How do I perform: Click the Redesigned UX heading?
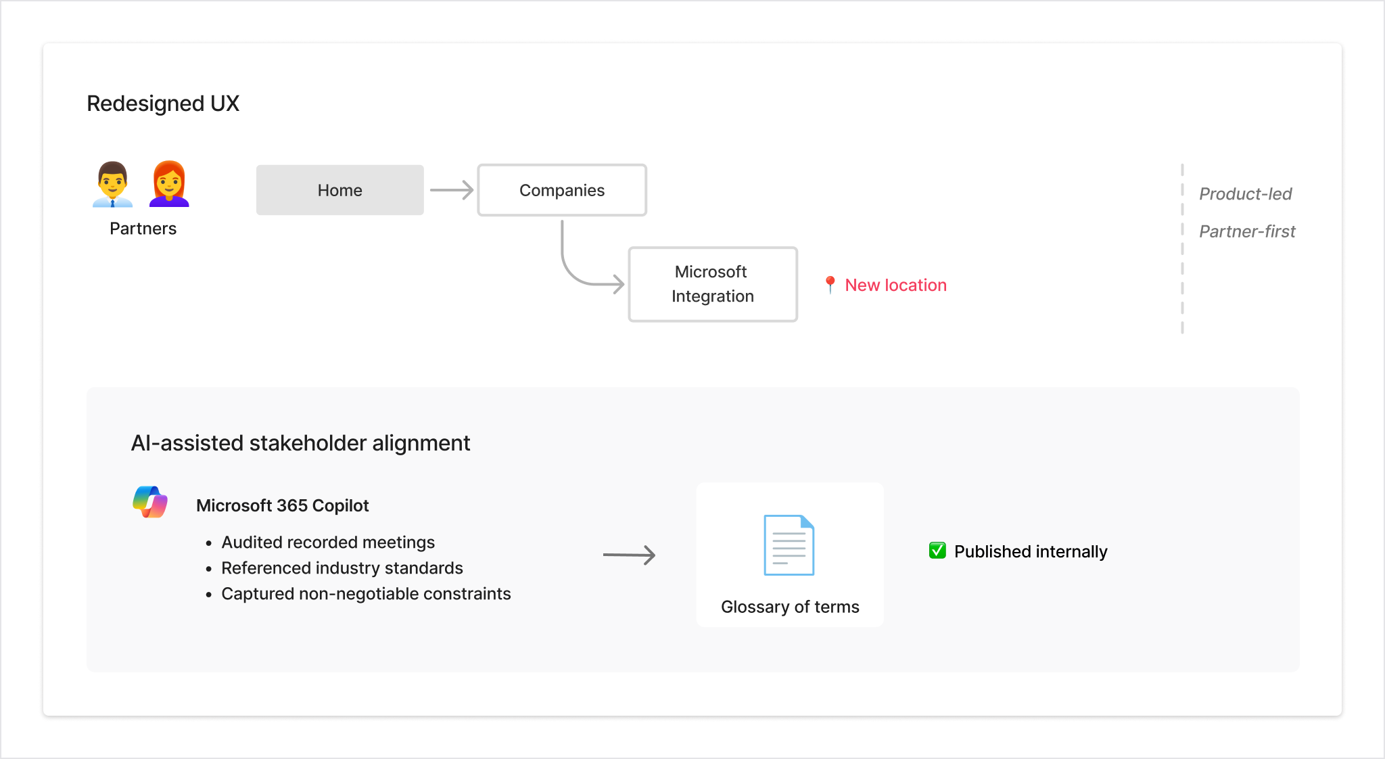tap(163, 103)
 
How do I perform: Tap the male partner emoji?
tap(112, 184)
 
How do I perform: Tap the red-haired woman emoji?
tap(169, 184)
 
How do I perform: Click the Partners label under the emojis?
tap(143, 229)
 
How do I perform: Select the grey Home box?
tap(339, 190)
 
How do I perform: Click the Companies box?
tap(561, 190)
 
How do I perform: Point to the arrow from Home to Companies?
tap(451, 190)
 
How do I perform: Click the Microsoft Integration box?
tap(712, 284)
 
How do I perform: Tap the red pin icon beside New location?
tap(830, 285)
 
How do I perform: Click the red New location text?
tap(895, 285)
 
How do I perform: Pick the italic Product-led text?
tap(1245, 194)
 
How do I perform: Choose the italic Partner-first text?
tap(1247, 231)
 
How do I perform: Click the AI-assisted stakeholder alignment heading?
tap(300, 443)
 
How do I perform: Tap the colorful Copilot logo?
tap(150, 502)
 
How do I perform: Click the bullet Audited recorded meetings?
tap(328, 543)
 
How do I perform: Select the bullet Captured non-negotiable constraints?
tap(366, 594)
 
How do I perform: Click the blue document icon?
tap(789, 545)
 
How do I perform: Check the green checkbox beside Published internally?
tap(937, 551)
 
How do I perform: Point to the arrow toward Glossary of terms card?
tap(629, 555)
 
